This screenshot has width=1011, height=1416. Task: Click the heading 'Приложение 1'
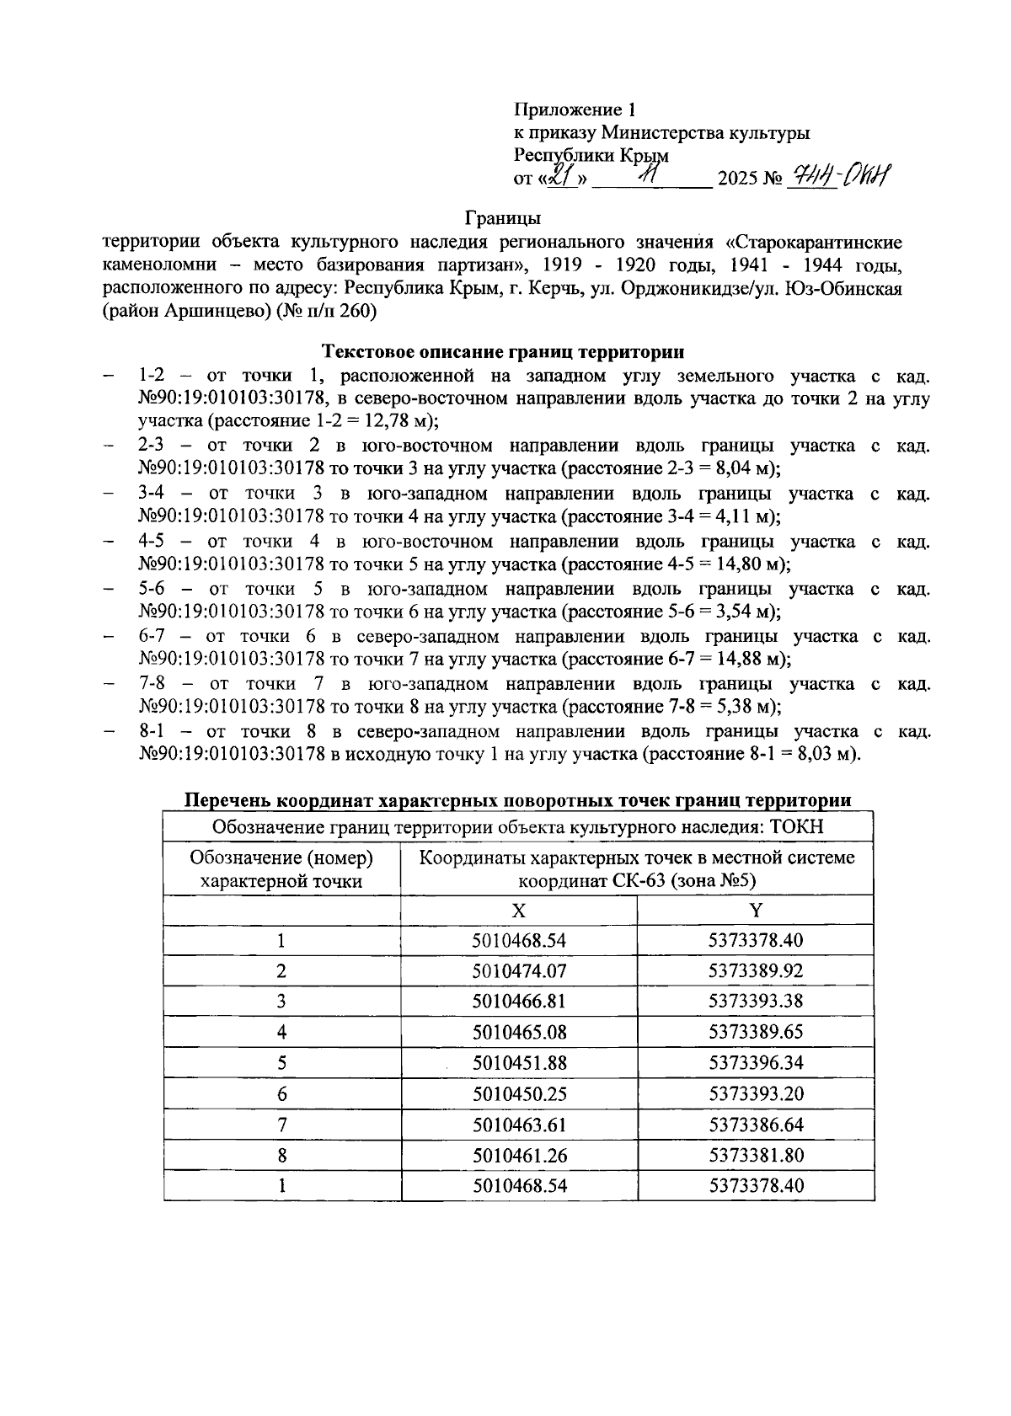tap(575, 110)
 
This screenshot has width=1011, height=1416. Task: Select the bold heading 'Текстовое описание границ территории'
tap(504, 351)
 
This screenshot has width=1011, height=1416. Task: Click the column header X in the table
tap(519, 911)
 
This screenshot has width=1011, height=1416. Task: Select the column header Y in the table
tap(756, 911)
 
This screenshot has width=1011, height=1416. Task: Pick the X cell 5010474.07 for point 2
tap(519, 970)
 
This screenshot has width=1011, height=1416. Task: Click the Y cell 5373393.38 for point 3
tap(756, 1002)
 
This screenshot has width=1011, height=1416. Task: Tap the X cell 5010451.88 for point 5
tap(519, 1063)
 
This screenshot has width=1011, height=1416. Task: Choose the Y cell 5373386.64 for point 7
tap(756, 1125)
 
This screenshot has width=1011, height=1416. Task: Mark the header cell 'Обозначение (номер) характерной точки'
tap(281, 869)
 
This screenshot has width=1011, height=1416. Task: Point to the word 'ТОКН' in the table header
tap(796, 826)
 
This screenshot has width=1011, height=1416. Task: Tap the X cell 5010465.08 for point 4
tap(519, 1032)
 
